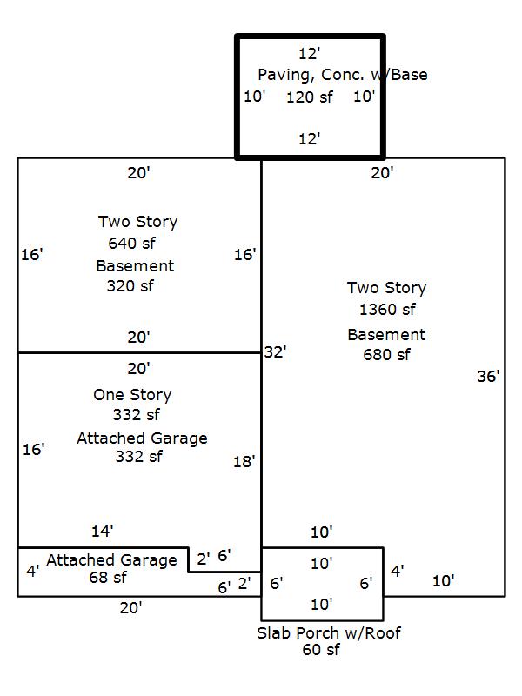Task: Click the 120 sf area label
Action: coord(309,97)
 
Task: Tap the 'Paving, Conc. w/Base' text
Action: coord(342,75)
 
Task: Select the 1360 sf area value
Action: coord(387,310)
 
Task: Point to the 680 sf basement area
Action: coord(386,354)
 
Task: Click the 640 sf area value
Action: coord(131,243)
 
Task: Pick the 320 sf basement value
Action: coord(130,285)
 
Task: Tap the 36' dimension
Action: coord(488,377)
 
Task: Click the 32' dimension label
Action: coord(275,352)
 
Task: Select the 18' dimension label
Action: coord(244,461)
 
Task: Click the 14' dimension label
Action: coord(103,531)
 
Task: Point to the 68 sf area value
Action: coord(107,577)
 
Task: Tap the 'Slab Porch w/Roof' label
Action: coord(329,632)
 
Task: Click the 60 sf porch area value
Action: coord(321,649)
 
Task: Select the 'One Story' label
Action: coord(132,395)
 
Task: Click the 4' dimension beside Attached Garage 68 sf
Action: coord(32,572)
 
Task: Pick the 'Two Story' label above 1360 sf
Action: coord(386,288)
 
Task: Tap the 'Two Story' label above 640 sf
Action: coord(137,222)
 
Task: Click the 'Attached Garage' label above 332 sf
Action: coord(142,438)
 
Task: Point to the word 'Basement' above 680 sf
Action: coord(386,335)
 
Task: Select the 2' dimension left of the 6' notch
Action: coord(203,559)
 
